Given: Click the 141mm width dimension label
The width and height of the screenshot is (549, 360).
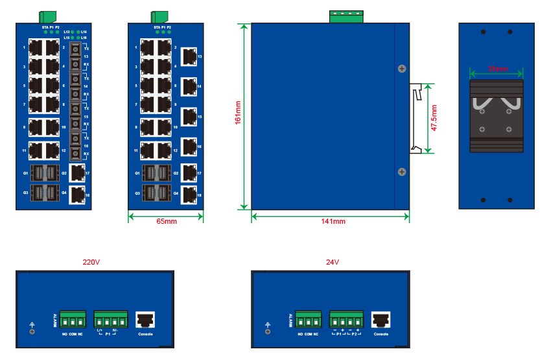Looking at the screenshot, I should click(x=333, y=221).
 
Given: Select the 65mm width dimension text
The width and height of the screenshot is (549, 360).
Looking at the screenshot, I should click(x=167, y=221).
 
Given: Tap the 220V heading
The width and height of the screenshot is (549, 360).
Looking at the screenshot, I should click(x=91, y=263).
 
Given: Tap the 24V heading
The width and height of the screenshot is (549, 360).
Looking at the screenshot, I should click(x=333, y=263).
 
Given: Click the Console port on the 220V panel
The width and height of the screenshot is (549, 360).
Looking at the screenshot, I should click(x=145, y=320).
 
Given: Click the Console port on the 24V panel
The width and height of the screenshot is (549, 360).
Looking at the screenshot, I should click(x=380, y=320).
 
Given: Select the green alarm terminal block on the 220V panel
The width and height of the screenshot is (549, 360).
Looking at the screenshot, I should click(x=73, y=320).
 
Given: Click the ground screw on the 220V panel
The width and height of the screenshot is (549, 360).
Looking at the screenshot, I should click(x=32, y=331).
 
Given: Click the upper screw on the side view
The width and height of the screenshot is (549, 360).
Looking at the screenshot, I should click(x=401, y=68).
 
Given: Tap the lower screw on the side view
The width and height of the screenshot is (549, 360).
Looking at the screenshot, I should click(x=401, y=172).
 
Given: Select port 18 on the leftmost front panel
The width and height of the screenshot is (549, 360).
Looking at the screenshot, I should click(x=77, y=193).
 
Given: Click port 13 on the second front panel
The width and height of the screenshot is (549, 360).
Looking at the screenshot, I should click(x=188, y=56).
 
